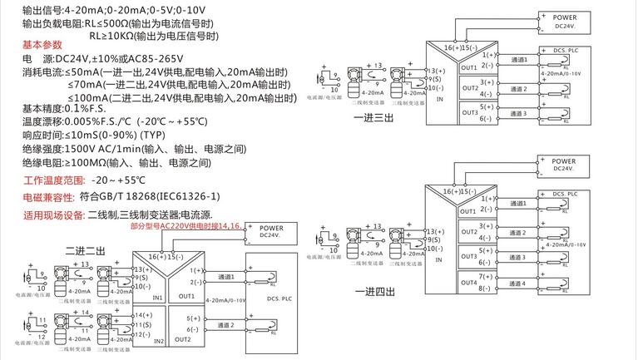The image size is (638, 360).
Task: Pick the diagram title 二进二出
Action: pos(85,250)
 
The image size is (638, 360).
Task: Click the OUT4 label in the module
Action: pos(470,283)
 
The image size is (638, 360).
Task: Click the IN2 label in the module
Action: pos(158,341)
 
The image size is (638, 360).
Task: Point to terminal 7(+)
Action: pos(487,276)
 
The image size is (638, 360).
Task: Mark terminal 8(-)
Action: pos(487,288)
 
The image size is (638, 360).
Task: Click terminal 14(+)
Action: pos(141,315)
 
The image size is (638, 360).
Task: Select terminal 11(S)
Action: pos(141,324)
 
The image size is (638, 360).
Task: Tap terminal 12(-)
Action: pos(141,333)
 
